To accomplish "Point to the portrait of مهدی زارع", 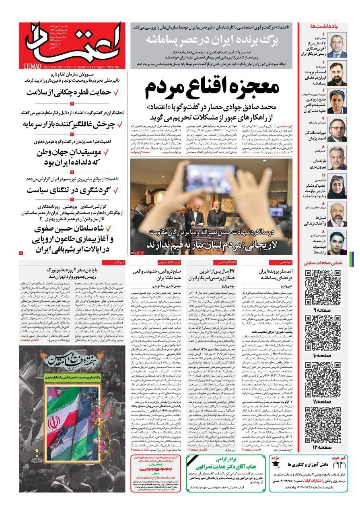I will [337, 47].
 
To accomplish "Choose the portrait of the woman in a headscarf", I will [337, 187].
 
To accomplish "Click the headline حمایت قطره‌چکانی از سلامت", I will [71, 92].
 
